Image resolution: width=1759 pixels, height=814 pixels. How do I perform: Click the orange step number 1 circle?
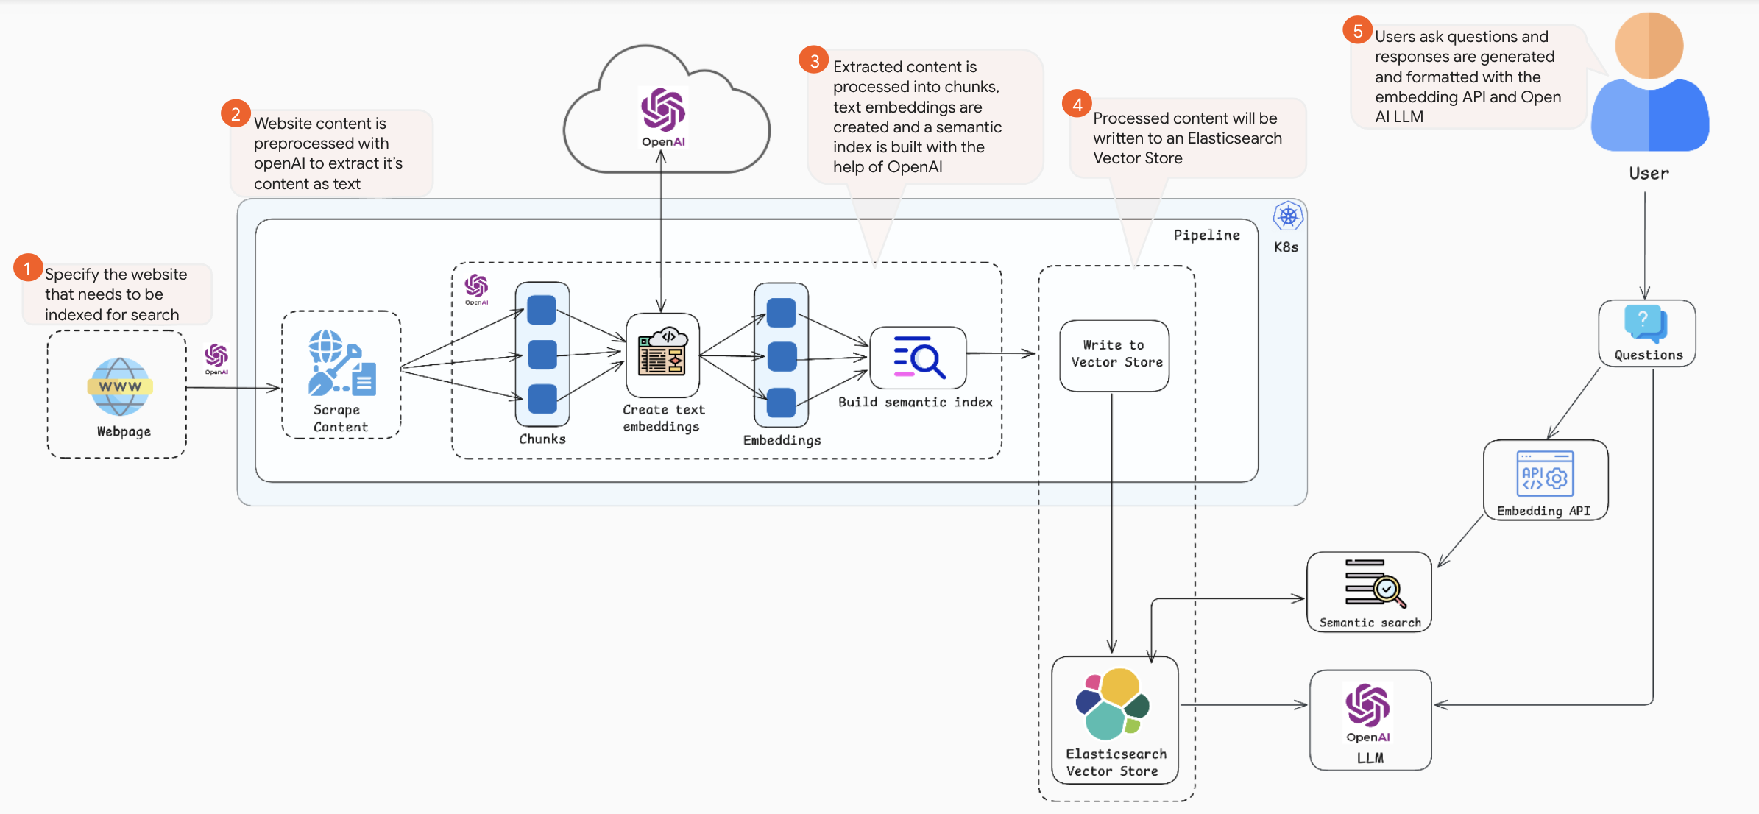(27, 268)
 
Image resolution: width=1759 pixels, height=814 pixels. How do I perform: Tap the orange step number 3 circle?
(814, 60)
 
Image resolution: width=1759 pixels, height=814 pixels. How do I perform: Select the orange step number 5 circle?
(1357, 30)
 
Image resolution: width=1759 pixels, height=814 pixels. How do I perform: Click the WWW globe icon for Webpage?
(119, 386)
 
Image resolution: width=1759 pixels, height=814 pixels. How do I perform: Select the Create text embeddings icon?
(662, 352)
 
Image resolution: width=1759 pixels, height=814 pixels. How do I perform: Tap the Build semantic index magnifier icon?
(919, 357)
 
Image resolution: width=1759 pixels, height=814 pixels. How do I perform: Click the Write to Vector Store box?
(1114, 355)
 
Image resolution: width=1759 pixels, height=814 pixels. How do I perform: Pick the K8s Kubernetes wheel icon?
(1287, 216)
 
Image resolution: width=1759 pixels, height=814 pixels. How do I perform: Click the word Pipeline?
(1206, 235)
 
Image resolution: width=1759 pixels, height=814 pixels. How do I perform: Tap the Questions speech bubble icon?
(1645, 324)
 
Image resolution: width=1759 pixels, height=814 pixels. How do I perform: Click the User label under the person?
(1649, 174)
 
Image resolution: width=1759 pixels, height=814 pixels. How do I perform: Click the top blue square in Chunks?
(542, 310)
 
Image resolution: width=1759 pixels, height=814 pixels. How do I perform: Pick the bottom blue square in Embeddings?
(781, 403)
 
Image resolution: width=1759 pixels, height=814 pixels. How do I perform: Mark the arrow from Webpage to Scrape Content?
(232, 387)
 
